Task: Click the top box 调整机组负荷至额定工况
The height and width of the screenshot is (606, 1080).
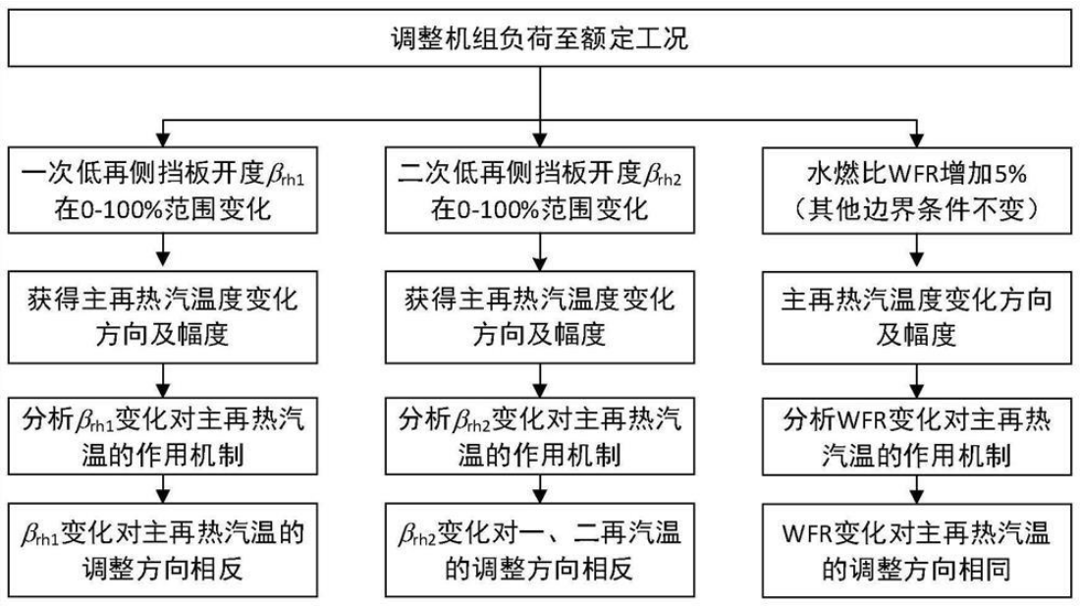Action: (539, 40)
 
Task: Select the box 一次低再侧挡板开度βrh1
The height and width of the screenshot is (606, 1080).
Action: (163, 194)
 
